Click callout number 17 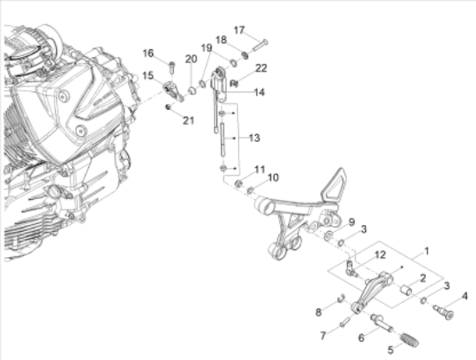click(x=239, y=30)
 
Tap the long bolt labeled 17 click(x=260, y=45)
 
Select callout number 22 click(x=261, y=68)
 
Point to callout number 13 click(x=254, y=138)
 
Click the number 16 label click(x=148, y=53)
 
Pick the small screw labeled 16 click(x=172, y=67)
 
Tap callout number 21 click(x=188, y=120)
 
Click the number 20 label click(x=191, y=59)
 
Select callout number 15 click(x=148, y=75)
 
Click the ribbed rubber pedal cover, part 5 click(x=409, y=339)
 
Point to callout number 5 click(x=390, y=350)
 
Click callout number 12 click(x=380, y=254)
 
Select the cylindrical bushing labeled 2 click(x=406, y=290)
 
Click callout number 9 click(x=351, y=222)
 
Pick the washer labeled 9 click(x=328, y=235)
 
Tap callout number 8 click(x=318, y=312)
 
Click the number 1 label click(x=427, y=251)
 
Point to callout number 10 click(x=273, y=177)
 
